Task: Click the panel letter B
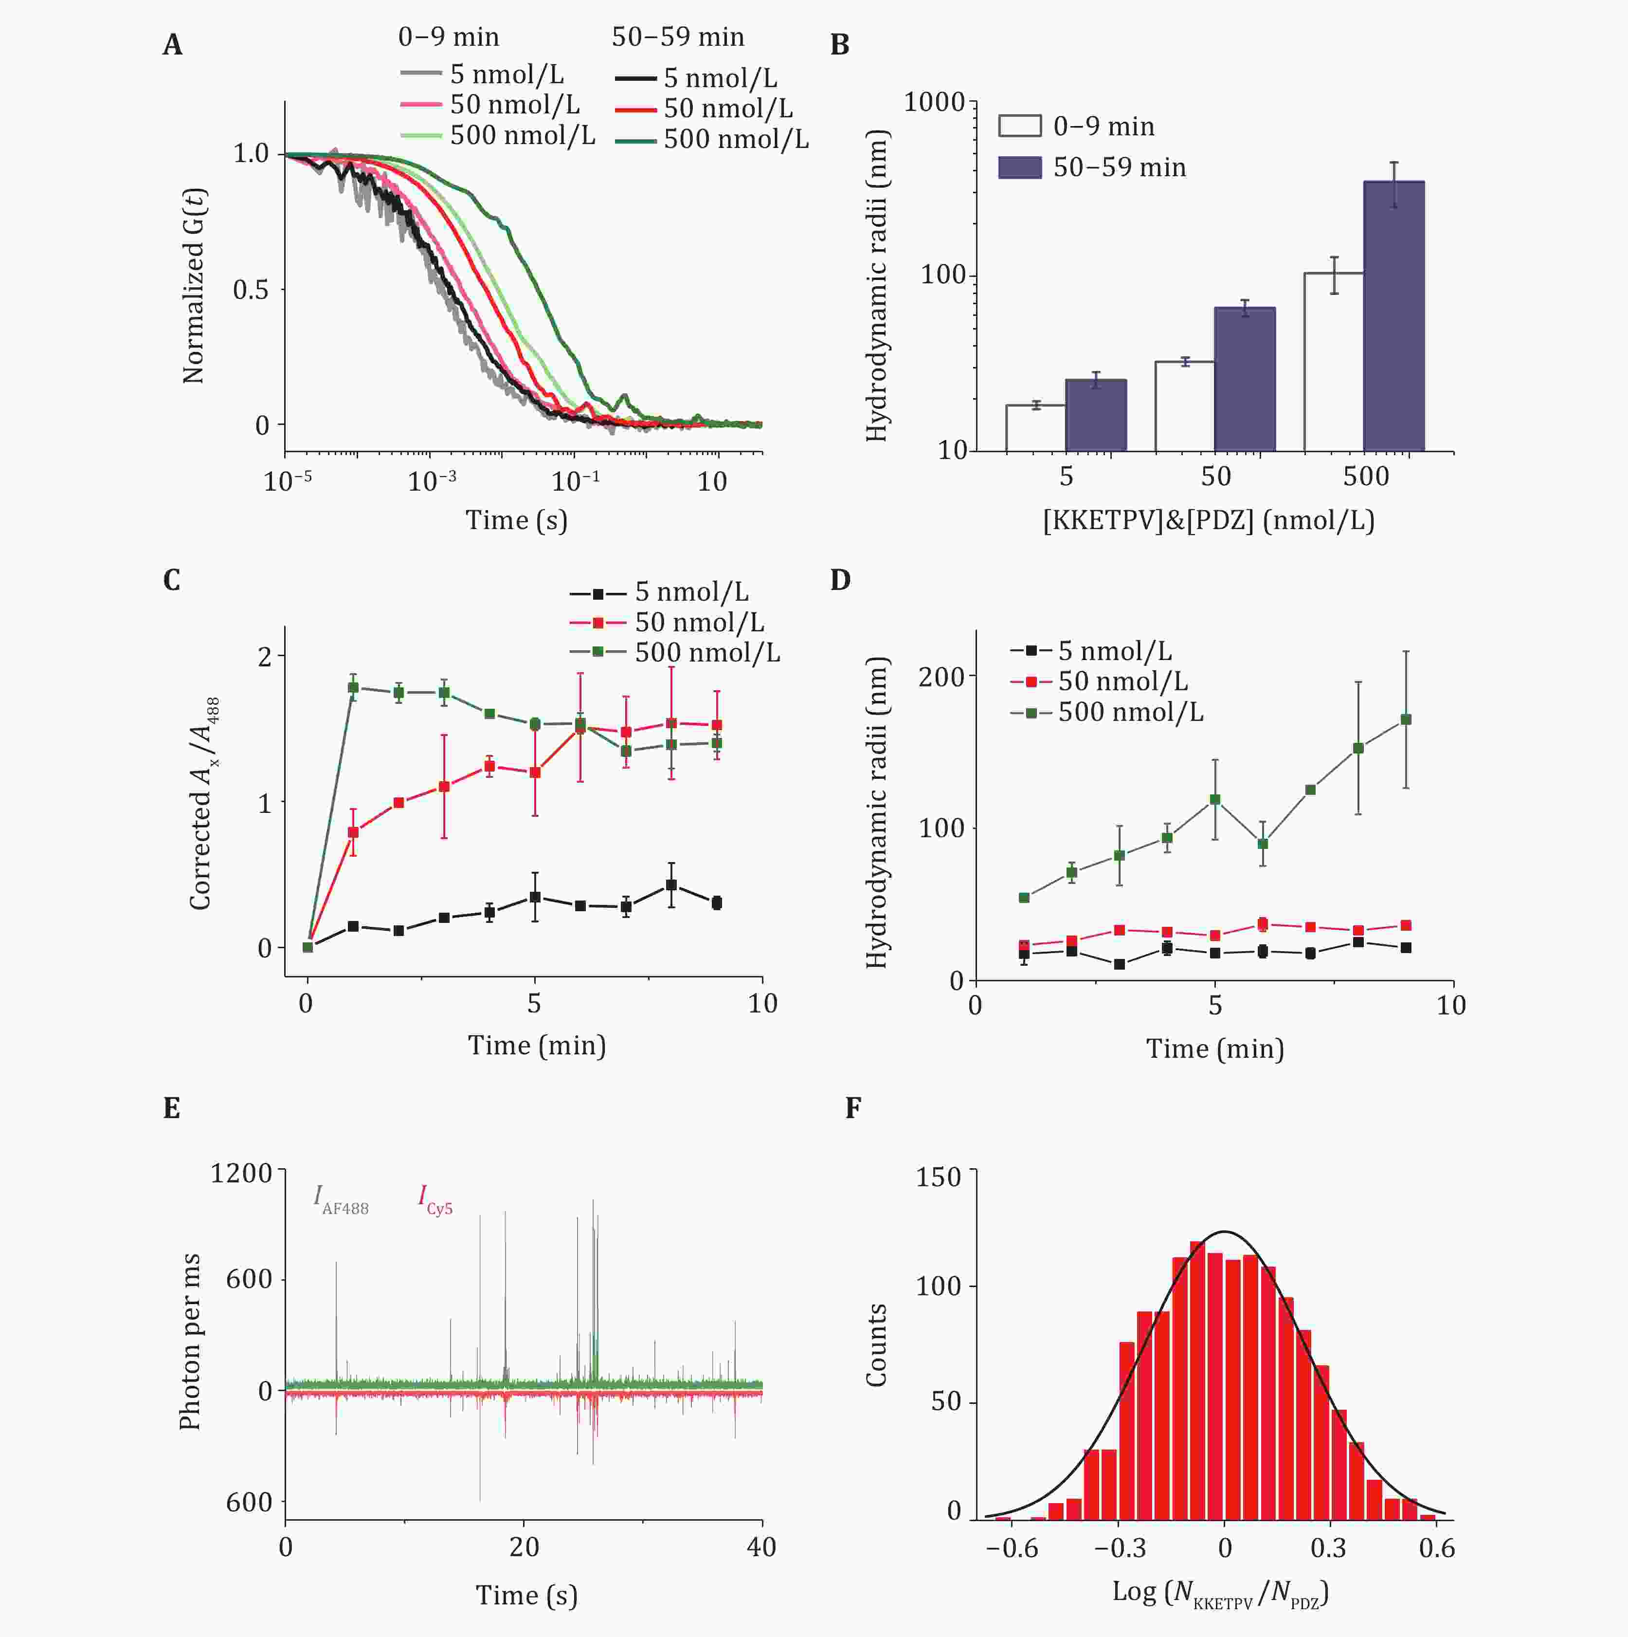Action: coord(839,45)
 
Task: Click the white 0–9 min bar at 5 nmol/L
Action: coord(1035,428)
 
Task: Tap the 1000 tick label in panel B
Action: coord(934,103)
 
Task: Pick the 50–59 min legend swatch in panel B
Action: coord(1020,167)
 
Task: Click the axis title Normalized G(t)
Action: coord(194,286)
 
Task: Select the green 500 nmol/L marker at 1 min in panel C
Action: coord(353,687)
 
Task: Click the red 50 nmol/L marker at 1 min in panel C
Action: coord(353,832)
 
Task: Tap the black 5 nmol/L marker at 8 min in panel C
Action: coord(672,884)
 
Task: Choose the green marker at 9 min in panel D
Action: coord(1406,719)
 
